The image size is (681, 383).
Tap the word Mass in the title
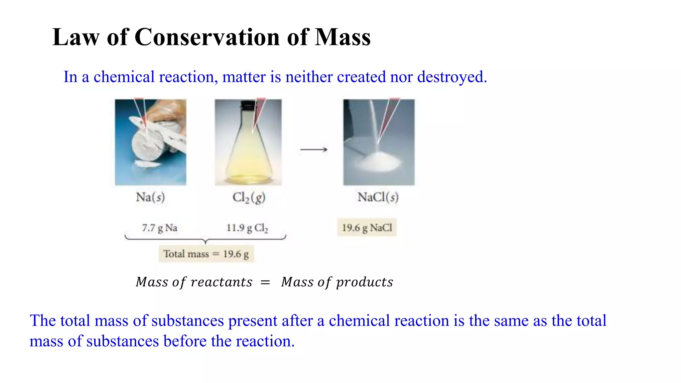pyautogui.click(x=342, y=37)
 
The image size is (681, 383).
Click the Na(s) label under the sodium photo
pyautogui.click(x=150, y=197)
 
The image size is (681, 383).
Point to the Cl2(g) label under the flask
pyautogui.click(x=249, y=197)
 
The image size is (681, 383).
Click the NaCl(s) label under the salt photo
pyautogui.click(x=378, y=197)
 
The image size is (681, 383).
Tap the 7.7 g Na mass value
pyautogui.click(x=160, y=228)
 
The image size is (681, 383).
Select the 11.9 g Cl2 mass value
pyautogui.click(x=247, y=228)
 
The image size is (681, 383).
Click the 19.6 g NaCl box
pyautogui.click(x=367, y=228)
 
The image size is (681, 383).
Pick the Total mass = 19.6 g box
pyautogui.click(x=206, y=254)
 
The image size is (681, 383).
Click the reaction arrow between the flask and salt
pyautogui.click(x=314, y=150)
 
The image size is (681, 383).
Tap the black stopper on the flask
pyautogui.click(x=248, y=105)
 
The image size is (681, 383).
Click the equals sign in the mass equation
pyautogui.click(x=265, y=283)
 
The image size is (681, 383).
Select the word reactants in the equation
pyautogui.click(x=221, y=282)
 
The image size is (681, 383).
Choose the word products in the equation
pyautogui.click(x=364, y=282)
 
